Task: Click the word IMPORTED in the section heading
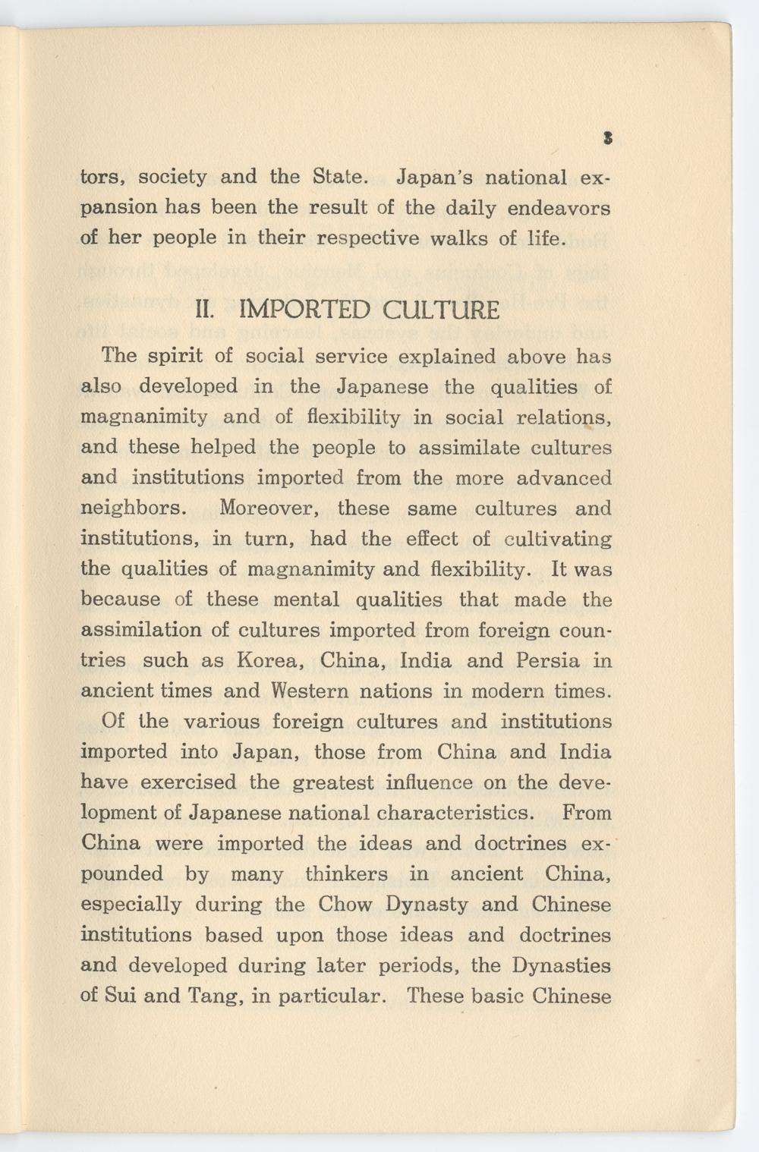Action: pos(304,310)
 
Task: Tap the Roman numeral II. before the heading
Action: pos(206,310)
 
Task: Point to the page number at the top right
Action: pos(607,138)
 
